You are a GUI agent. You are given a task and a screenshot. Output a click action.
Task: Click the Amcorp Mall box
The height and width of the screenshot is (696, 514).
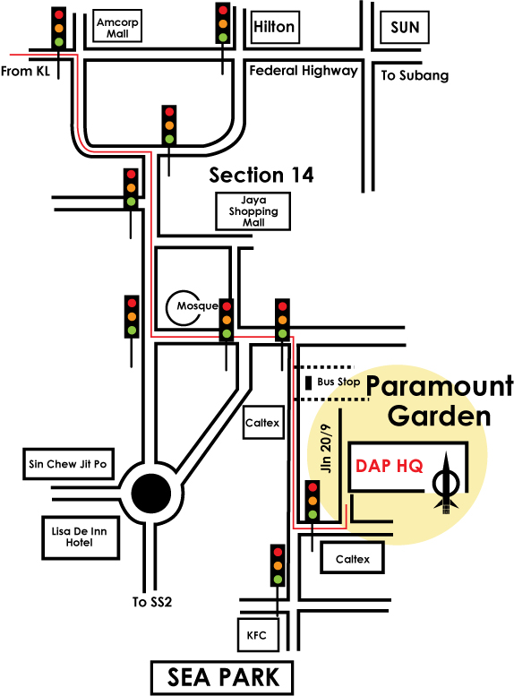point(117,26)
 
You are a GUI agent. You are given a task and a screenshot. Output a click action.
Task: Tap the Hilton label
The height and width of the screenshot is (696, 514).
point(274,27)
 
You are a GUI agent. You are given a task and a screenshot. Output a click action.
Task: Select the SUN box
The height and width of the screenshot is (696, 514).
point(405,27)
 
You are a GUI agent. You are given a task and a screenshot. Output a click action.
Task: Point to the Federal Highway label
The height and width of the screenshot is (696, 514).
point(304,71)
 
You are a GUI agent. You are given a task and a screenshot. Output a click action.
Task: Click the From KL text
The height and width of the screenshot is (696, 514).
point(25,71)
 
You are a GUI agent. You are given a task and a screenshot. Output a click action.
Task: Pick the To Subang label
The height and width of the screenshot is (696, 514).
point(415,75)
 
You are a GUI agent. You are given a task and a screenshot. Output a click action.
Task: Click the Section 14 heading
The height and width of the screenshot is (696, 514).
point(261,175)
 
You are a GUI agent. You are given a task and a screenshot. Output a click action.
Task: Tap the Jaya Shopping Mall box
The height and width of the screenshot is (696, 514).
point(253,211)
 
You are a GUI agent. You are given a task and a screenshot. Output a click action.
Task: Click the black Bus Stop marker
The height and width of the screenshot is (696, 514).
point(308,382)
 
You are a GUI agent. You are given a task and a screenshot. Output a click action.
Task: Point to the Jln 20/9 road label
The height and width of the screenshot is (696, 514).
point(326,448)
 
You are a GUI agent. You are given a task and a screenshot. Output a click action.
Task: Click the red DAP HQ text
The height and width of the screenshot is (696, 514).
point(390,466)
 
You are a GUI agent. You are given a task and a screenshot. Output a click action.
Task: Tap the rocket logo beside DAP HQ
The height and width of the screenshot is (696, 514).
point(447,483)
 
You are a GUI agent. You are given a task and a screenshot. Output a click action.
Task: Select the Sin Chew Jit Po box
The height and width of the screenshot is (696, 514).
point(68,464)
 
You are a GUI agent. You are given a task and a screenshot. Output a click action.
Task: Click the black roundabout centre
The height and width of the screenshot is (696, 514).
point(151,494)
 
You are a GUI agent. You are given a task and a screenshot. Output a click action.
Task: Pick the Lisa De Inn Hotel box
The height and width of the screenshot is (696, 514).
point(81,537)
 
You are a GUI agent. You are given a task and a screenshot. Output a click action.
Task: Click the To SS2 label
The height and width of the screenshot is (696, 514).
point(152,602)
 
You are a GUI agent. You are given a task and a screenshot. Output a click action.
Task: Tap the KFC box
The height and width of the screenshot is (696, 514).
point(258,635)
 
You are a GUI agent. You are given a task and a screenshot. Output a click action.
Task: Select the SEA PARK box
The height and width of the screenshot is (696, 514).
point(222,677)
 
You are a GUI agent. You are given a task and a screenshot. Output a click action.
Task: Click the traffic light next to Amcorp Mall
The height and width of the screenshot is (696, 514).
point(58,28)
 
